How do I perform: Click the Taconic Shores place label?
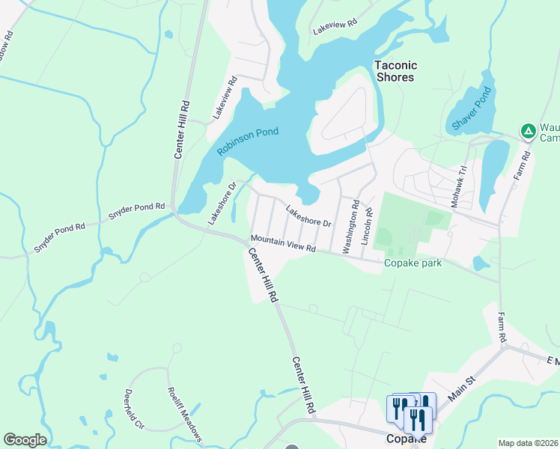coord(395,71)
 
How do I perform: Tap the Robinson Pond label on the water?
coord(248,141)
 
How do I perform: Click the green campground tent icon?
coord(528,132)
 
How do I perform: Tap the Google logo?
coord(25,440)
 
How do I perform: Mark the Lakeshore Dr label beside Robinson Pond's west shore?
coord(222,204)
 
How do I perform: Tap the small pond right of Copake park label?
coord(478,263)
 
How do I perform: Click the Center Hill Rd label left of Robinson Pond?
coord(180,129)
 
